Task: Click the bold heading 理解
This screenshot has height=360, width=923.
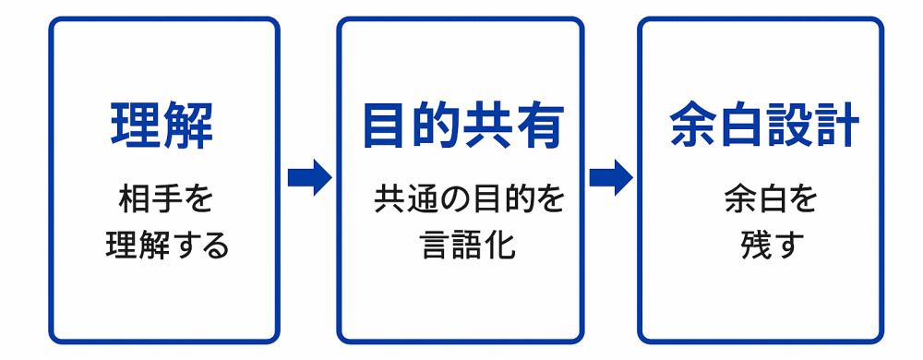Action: click(162, 125)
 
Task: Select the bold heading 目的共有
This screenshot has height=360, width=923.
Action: click(462, 125)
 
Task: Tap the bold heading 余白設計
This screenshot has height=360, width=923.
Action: click(765, 125)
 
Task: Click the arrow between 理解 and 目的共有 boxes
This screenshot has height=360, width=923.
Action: click(309, 177)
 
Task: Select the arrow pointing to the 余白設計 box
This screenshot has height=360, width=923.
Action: click(610, 177)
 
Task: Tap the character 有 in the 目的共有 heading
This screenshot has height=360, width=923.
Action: click(539, 125)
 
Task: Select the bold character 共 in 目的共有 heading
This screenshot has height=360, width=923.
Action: click(488, 125)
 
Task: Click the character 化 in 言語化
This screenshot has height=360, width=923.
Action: click(499, 246)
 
